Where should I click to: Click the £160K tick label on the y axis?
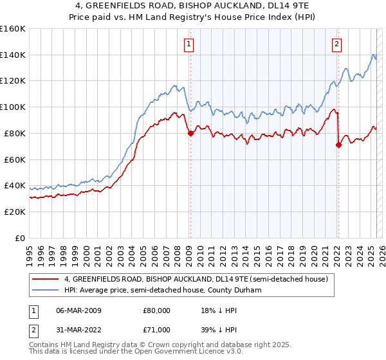point(12,29)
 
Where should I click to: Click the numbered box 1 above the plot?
point(189,44)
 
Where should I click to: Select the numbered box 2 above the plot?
point(337,44)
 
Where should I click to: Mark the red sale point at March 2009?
point(190,133)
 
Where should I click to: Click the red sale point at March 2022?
point(338,145)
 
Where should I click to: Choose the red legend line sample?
point(45,279)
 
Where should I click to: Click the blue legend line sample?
point(45,290)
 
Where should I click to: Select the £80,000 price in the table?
point(156,310)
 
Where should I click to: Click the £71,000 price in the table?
point(156,329)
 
